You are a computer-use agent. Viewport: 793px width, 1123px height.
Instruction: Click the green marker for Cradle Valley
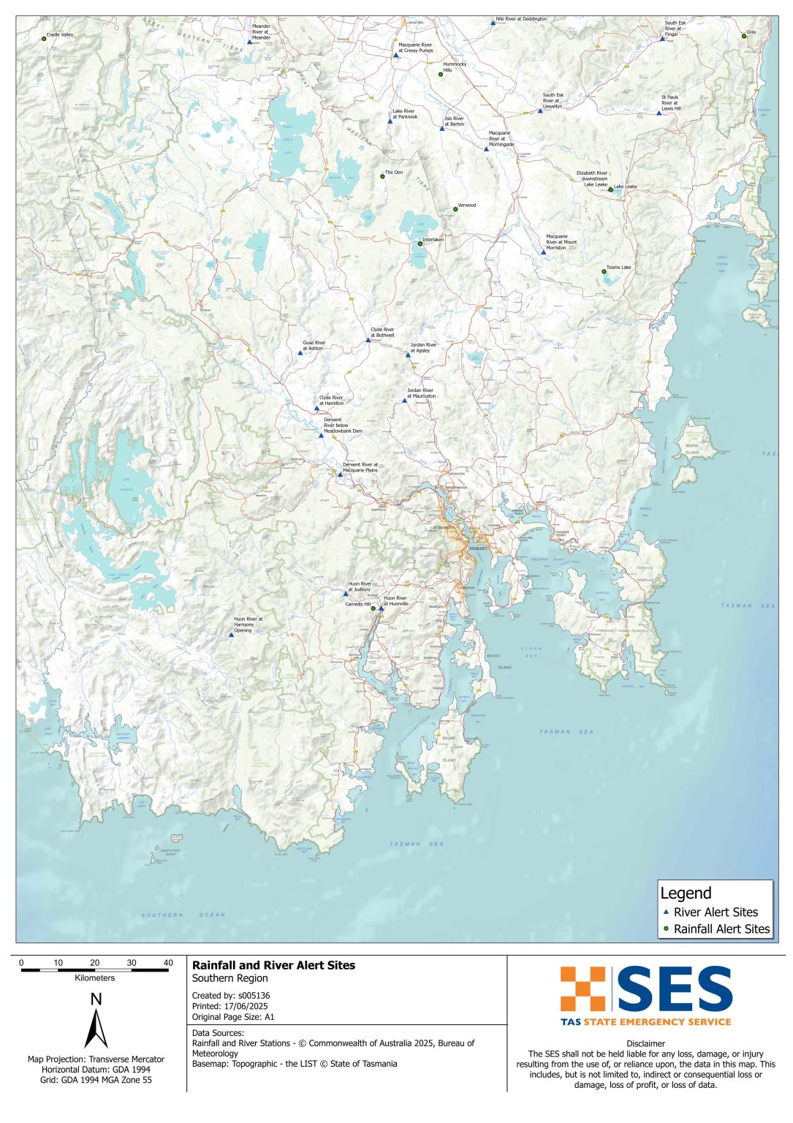tap(44, 39)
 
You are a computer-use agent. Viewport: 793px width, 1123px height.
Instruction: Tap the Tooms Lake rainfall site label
tap(618, 268)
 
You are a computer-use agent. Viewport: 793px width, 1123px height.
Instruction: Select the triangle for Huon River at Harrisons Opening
tap(232, 635)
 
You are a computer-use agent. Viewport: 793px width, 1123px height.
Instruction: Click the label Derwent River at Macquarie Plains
tap(360, 467)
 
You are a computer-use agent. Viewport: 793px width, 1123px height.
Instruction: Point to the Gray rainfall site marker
tap(744, 36)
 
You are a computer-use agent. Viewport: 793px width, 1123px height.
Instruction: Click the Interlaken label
tap(433, 240)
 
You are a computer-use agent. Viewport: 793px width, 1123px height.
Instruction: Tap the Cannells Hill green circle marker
tap(373, 608)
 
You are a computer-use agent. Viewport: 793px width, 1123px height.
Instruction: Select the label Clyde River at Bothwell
tap(382, 333)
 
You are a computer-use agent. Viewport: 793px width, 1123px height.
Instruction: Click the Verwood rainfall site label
tap(466, 205)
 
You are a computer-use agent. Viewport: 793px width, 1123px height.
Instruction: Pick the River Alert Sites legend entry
tap(715, 912)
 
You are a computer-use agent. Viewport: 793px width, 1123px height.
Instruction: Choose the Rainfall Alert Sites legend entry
tap(721, 929)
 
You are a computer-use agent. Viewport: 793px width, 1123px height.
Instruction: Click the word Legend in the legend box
tap(685, 893)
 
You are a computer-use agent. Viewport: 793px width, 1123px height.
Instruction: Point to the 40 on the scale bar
tap(168, 963)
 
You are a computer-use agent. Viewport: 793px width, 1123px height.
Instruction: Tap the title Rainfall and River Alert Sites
tap(273, 965)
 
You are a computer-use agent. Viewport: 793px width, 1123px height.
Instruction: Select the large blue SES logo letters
tap(675, 988)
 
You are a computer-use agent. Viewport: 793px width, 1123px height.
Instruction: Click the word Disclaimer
tap(645, 1043)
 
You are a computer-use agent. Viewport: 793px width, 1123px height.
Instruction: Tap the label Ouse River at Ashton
tap(314, 346)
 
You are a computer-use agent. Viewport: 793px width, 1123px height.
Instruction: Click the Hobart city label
tap(478, 548)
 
